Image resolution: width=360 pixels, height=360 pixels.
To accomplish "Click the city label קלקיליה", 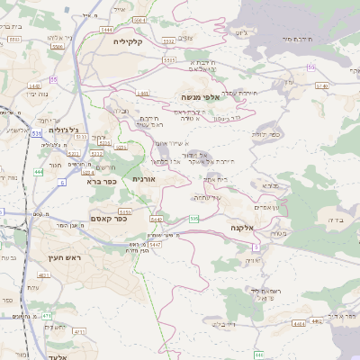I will (128, 41).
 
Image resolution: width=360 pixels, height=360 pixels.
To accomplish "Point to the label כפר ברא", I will (104, 181).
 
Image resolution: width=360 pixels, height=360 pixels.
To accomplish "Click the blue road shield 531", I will (36, 133).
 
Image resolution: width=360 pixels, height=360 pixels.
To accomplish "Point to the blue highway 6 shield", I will (63, 183).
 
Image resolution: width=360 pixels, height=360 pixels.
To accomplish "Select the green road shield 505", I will (194, 219).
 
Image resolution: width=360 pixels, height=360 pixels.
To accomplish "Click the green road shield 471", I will (47, 316).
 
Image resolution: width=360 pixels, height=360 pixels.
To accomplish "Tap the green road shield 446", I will (259, 355).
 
